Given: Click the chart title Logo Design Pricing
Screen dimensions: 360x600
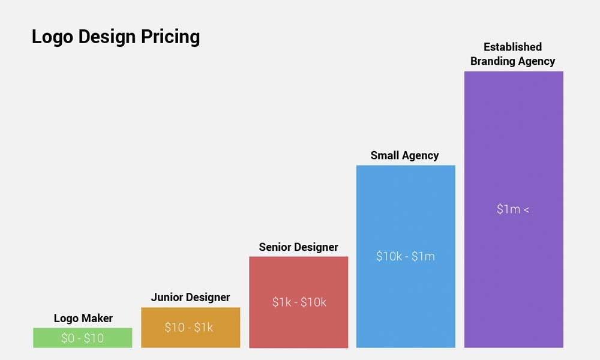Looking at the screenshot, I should click(116, 37).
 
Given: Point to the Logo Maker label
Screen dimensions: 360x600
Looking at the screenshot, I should click(83, 319).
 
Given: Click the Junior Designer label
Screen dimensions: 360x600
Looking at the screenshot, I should click(190, 298).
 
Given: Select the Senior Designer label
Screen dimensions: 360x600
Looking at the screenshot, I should click(298, 247).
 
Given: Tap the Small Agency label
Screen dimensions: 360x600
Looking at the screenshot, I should click(404, 155).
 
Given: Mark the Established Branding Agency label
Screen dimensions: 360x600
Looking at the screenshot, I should click(512, 54).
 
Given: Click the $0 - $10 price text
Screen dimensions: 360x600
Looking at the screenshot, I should click(82, 338).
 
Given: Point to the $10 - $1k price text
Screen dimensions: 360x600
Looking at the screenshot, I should click(189, 328).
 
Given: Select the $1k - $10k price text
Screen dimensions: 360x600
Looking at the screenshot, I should click(299, 302).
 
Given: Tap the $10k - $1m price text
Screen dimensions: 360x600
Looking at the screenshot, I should click(406, 257).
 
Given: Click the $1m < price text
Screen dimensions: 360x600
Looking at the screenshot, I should click(513, 210).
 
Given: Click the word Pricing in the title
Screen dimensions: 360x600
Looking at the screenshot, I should click(170, 37).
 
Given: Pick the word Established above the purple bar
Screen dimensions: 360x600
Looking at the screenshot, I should click(512, 47).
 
